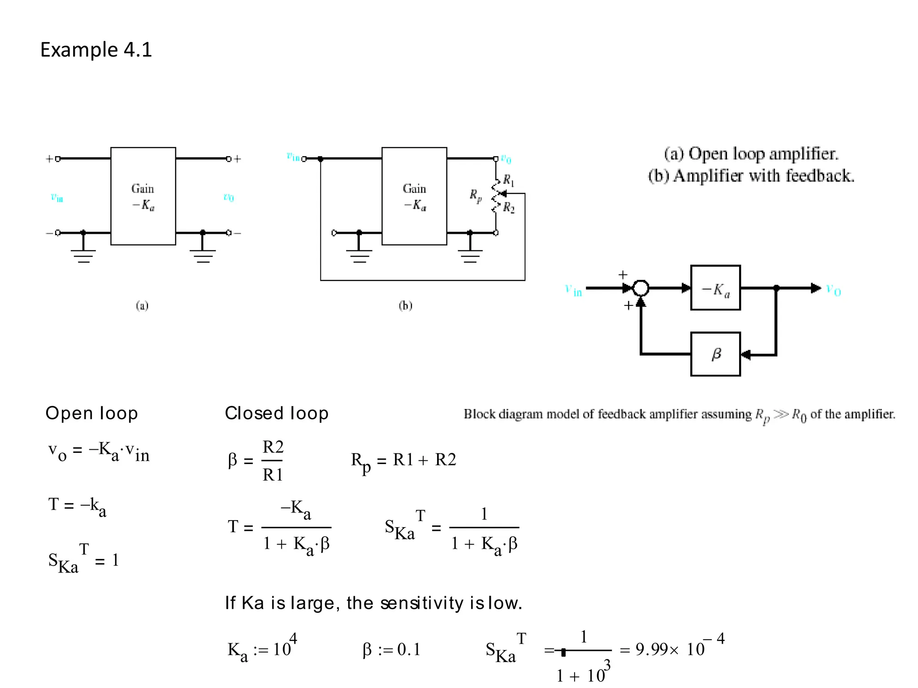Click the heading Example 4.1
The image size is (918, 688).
pos(96,50)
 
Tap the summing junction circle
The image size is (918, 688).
pos(641,288)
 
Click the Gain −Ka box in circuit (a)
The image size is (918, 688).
pos(143,196)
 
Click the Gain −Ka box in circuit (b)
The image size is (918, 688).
pos(414,196)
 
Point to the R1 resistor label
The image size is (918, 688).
pos(508,180)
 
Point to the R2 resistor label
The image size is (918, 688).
pos(509,207)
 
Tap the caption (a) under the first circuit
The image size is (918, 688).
pos(142,305)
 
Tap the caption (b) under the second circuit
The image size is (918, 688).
pos(405,305)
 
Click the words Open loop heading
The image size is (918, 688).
pos(91,413)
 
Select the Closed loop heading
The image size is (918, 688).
pos(277,413)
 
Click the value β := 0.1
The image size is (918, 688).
pos(391,649)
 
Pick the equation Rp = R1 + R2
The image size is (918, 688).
pos(403,460)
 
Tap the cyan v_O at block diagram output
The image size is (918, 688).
pos(833,290)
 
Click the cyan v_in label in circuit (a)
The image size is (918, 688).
pos(57,197)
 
